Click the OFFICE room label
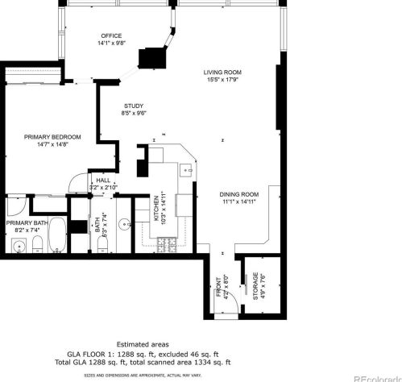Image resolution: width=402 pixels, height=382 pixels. [111, 36]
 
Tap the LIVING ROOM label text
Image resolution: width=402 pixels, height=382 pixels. [222, 73]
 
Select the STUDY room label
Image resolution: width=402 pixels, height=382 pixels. [134, 106]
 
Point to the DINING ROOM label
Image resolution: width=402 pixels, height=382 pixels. [238, 194]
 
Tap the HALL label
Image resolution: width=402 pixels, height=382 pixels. [103, 181]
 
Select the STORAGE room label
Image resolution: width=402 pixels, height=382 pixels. [255, 286]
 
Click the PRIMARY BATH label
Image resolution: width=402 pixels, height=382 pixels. [26, 223]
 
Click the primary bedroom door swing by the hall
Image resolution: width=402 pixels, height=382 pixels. [77, 183]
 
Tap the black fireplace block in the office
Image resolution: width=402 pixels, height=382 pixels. [151, 59]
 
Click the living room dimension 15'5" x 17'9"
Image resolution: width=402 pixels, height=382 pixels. [222, 80]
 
